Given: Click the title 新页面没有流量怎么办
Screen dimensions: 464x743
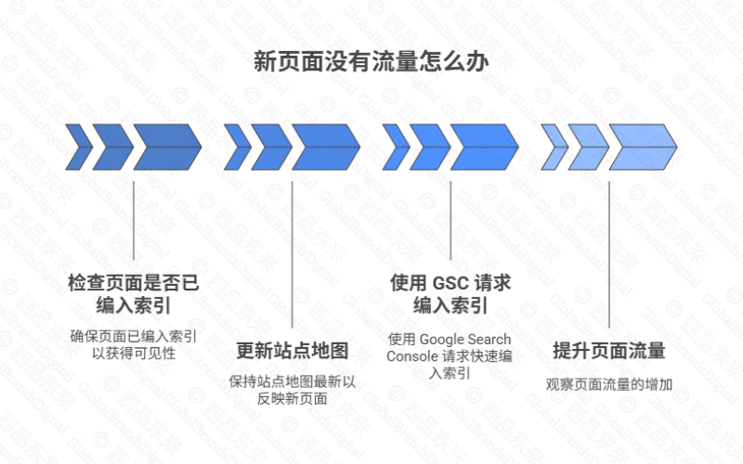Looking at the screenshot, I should (371, 62).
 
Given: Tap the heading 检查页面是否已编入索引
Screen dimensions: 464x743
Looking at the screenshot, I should (134, 293).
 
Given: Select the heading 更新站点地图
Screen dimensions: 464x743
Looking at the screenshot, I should (293, 351).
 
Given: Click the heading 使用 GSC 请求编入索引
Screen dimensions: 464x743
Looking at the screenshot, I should (450, 293).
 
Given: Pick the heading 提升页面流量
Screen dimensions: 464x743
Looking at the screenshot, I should (608, 351).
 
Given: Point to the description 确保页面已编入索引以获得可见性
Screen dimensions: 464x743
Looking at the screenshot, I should (134, 344).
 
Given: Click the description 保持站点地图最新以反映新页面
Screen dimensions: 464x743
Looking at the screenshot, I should (293, 390).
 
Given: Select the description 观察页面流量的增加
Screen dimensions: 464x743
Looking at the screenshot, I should (608, 383).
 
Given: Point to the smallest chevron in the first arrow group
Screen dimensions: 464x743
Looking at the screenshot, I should (78, 146).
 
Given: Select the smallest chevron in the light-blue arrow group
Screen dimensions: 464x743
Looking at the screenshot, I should (554, 146).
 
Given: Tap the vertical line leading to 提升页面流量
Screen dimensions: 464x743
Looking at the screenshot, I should (609, 251).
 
